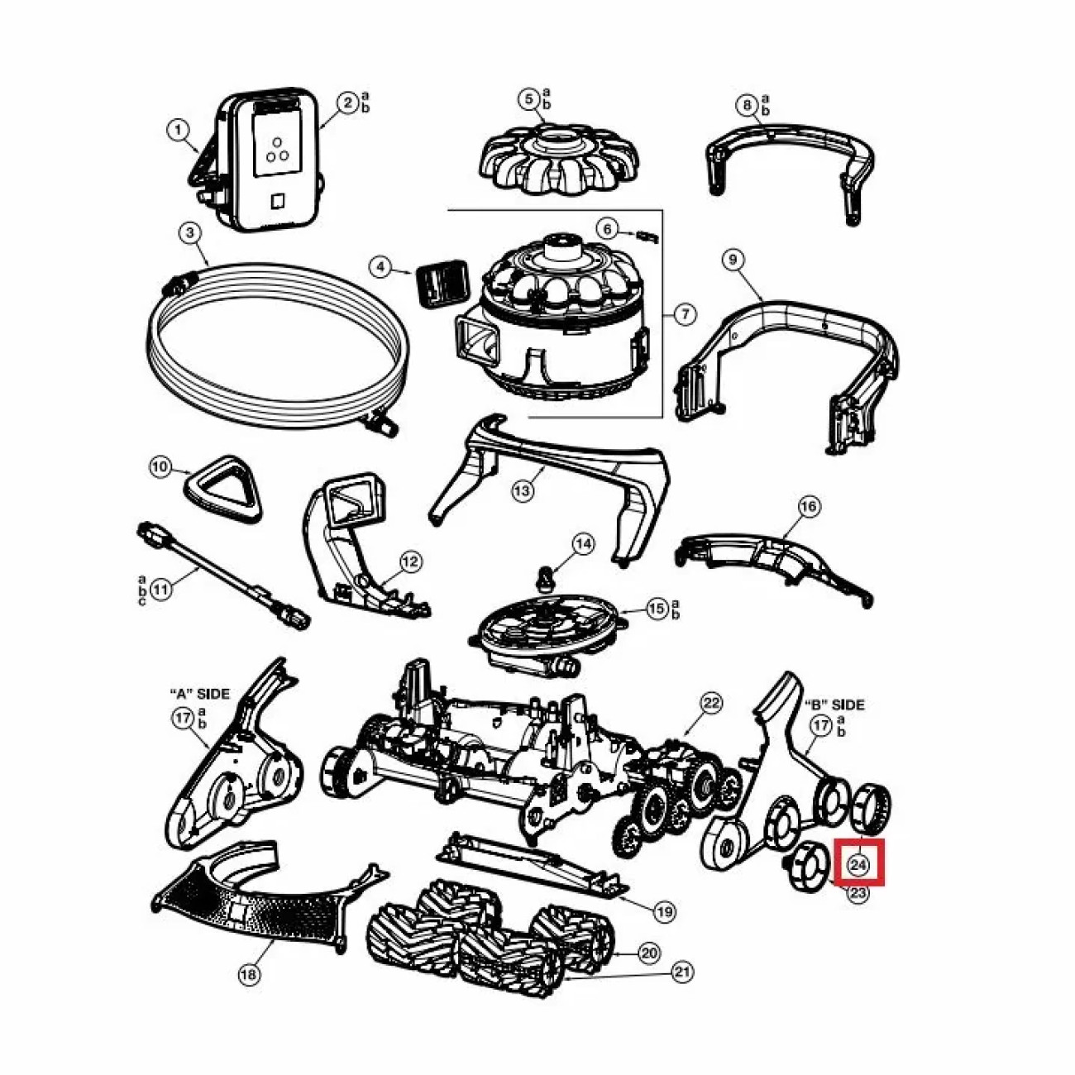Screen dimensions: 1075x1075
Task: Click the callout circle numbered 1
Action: [x=178, y=131]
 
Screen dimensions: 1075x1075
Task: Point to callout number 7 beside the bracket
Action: [x=686, y=313]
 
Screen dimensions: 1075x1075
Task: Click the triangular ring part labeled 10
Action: [x=222, y=488]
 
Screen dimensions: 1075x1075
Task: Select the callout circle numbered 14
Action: [x=583, y=543]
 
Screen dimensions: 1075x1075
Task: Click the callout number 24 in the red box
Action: [x=858, y=865]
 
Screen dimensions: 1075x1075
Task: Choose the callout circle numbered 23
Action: [x=858, y=892]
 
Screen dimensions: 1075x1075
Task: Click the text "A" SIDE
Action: [x=199, y=694]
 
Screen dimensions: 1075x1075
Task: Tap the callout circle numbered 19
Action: [x=664, y=911]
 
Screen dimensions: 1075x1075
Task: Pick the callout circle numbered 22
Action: [x=711, y=704]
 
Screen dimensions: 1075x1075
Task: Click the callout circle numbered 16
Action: [x=810, y=506]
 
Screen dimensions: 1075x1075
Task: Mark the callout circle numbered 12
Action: [x=410, y=561]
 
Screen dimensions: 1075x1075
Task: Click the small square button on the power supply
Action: [x=277, y=201]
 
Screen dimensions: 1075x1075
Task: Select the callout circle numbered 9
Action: [x=733, y=259]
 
